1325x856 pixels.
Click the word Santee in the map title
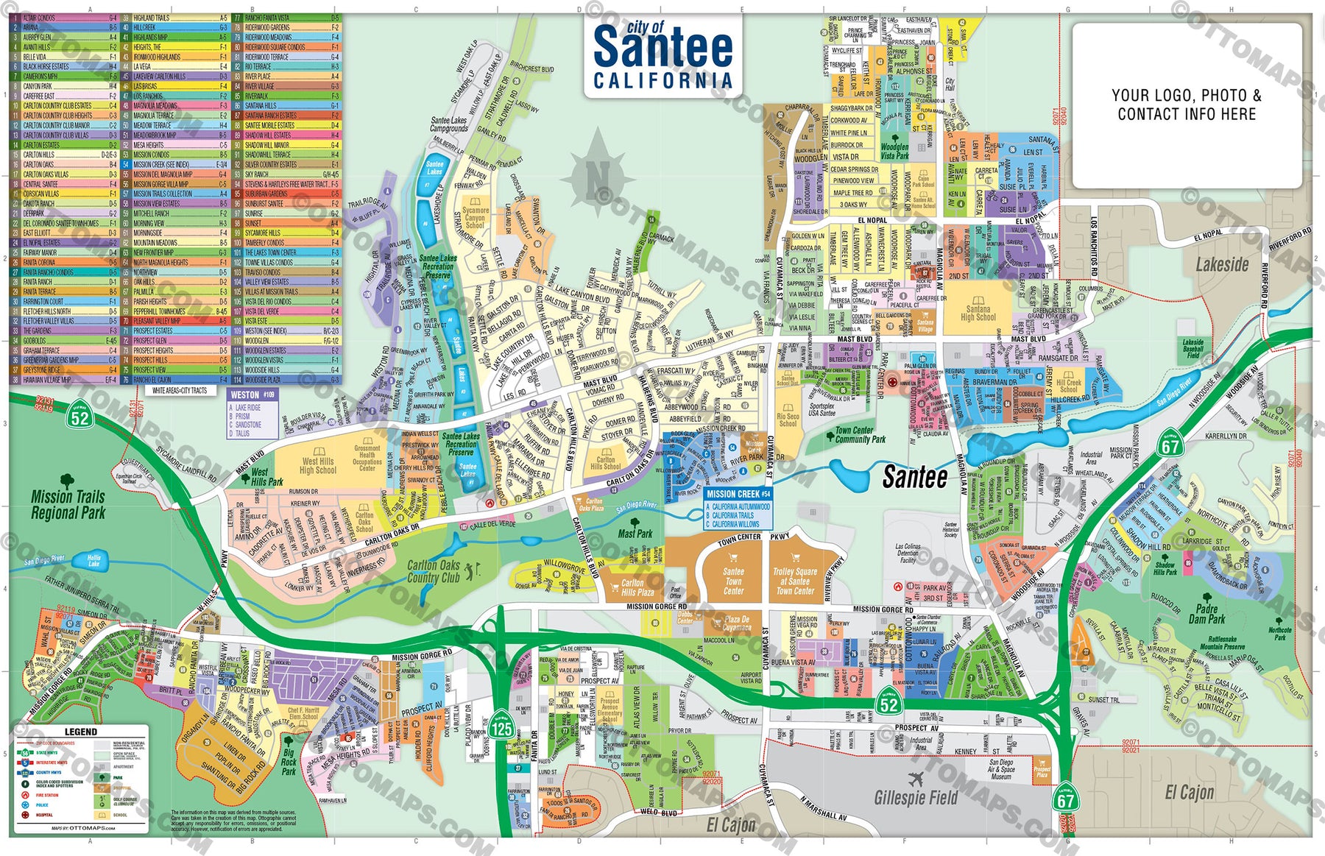click(x=662, y=47)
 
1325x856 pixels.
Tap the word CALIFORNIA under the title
click(x=662, y=81)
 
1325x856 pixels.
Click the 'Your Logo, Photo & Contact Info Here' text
click(x=1187, y=105)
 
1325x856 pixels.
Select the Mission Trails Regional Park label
click(x=68, y=505)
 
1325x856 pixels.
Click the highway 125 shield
click(x=502, y=729)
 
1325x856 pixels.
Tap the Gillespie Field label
click(x=916, y=797)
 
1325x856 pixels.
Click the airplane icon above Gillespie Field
click(x=916, y=779)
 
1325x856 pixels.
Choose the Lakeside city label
click(x=1222, y=264)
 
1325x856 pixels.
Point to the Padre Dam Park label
click(x=1206, y=614)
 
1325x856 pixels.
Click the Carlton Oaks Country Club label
click(x=434, y=572)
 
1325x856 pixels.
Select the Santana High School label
click(x=978, y=313)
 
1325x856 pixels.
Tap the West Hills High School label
click(x=317, y=466)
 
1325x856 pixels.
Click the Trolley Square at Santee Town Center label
click(x=795, y=581)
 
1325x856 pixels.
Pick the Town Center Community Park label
click(x=854, y=435)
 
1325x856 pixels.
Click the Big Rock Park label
click(x=289, y=762)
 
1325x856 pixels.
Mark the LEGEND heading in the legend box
click(x=81, y=732)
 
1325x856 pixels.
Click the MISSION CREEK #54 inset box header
click(x=738, y=494)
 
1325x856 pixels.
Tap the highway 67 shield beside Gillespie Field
click(x=1065, y=799)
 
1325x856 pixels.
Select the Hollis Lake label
click(x=93, y=561)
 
